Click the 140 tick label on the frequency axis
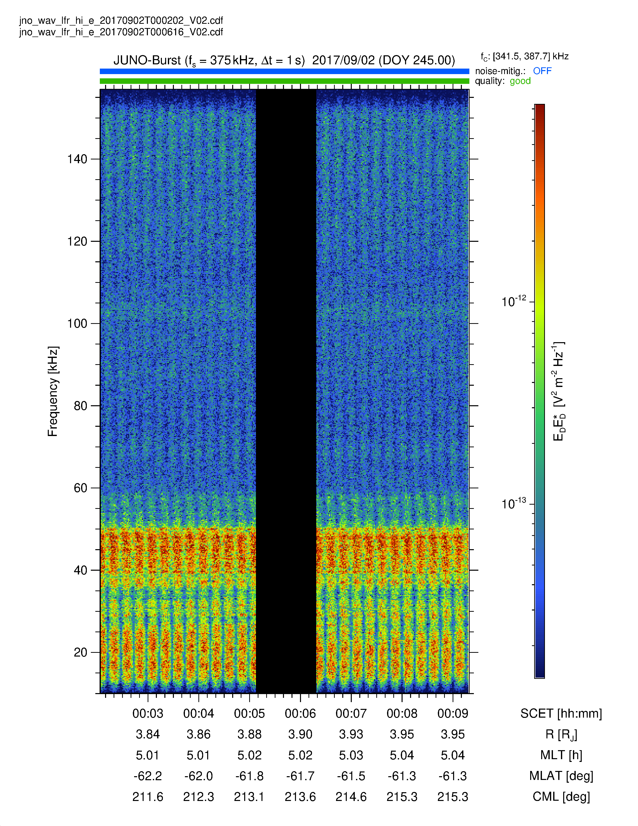(x=77, y=159)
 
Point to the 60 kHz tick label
(x=81, y=488)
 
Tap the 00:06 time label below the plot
(x=300, y=713)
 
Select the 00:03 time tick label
(x=148, y=713)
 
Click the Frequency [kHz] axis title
(x=53, y=391)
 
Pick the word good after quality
(x=520, y=81)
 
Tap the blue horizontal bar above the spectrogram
(x=284, y=71)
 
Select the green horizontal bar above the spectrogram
(x=284, y=81)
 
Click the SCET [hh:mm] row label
(x=561, y=714)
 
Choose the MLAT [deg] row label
(x=561, y=776)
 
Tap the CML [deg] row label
(x=561, y=797)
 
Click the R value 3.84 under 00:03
(x=148, y=734)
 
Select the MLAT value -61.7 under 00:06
(x=300, y=776)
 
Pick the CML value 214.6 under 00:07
(x=351, y=797)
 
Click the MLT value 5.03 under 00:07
(x=351, y=755)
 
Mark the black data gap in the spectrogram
(x=286, y=391)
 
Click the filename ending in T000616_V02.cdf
(x=121, y=32)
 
